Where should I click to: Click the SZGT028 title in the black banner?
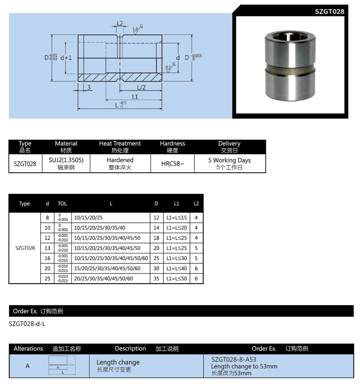(x=329, y=12)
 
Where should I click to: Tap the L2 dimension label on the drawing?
(x=120, y=24)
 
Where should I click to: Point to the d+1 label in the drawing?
(x=66, y=58)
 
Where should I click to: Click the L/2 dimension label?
(x=141, y=87)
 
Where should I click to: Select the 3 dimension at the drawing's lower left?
(x=89, y=87)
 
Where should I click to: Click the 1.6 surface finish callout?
(x=136, y=29)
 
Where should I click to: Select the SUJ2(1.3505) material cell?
(x=66, y=163)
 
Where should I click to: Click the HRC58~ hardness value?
(x=172, y=163)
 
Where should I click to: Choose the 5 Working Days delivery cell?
(x=229, y=163)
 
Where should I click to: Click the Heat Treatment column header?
(x=120, y=146)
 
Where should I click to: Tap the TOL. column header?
(x=63, y=204)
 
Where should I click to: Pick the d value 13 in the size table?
(x=48, y=248)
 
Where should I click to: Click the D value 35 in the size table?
(x=156, y=279)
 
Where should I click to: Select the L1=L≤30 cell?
(x=176, y=258)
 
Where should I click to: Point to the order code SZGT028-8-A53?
(x=234, y=360)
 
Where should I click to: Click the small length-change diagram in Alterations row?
(x=62, y=365)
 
